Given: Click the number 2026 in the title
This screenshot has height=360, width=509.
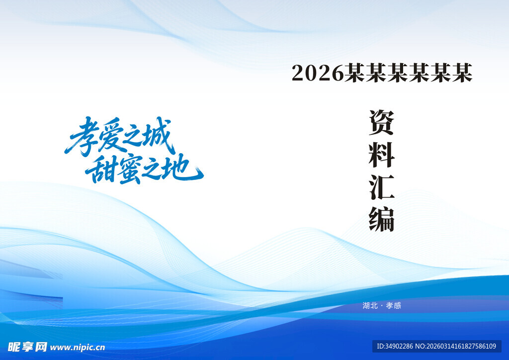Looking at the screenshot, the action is [318, 73].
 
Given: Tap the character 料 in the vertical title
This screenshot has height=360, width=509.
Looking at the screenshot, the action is [381, 155].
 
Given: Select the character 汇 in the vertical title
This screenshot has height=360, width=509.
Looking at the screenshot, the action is [381, 187].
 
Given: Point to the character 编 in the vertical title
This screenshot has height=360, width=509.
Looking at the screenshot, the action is [381, 219].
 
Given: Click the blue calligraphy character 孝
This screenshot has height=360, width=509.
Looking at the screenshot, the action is [81, 137].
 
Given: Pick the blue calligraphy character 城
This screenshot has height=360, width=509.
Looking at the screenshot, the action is [157, 135].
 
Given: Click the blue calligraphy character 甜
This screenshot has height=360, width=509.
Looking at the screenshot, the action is [100, 169].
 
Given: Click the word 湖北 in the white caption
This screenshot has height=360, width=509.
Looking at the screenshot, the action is [370, 305].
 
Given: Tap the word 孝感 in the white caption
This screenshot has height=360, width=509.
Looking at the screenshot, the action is [394, 305].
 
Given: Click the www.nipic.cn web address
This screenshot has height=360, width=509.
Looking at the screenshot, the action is [78, 348].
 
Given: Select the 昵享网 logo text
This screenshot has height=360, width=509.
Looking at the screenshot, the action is [27, 347].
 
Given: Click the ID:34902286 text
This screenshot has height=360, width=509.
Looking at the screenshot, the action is [395, 346].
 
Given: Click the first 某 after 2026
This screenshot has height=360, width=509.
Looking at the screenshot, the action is [354, 73].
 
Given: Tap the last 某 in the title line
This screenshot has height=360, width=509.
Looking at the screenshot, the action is [462, 73].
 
